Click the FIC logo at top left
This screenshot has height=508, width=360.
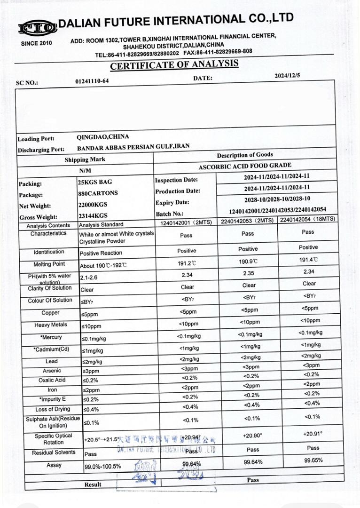[x=38, y=28]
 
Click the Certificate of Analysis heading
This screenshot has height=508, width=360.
[x=174, y=65]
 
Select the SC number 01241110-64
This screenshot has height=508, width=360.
[x=92, y=81]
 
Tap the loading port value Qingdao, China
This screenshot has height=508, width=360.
[x=102, y=137]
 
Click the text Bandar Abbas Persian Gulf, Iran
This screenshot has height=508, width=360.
[x=133, y=147]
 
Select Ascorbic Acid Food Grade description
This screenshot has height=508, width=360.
[x=244, y=166]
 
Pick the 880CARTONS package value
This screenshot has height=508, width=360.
[x=98, y=193]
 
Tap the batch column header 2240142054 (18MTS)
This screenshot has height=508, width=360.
[x=307, y=220]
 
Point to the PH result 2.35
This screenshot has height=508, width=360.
[x=248, y=272]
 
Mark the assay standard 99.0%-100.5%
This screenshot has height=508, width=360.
[x=102, y=467]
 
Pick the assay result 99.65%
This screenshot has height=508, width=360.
[x=313, y=460]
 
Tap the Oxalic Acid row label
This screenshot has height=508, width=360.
[x=52, y=380]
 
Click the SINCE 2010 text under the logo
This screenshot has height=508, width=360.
[x=37, y=43]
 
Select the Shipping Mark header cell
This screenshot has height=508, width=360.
[x=85, y=159]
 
